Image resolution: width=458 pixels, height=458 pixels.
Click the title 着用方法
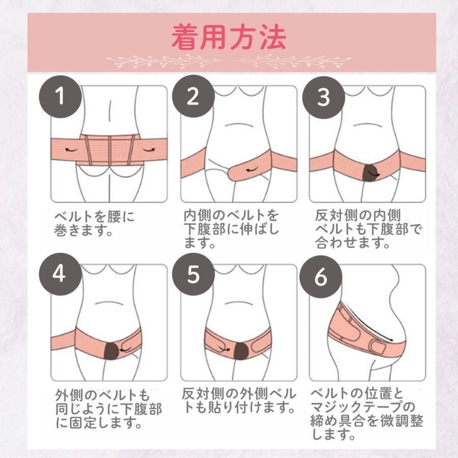click(x=228, y=37)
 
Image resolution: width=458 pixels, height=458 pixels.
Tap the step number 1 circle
click(x=60, y=96)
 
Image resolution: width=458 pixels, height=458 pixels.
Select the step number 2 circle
click(x=193, y=96)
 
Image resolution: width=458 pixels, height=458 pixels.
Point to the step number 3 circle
click(x=323, y=98)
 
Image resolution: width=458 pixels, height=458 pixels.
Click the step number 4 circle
click(x=60, y=274)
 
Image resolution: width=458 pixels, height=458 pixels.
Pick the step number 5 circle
click(x=193, y=274)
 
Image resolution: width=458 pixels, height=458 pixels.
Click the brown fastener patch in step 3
click(x=369, y=173)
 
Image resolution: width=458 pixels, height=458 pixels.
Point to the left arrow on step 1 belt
click(x=71, y=150)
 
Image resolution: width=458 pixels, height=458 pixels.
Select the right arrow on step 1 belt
click(x=149, y=150)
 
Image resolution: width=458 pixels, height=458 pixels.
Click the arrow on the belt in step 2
click(x=252, y=169)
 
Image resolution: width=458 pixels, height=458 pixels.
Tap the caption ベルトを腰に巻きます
click(x=94, y=223)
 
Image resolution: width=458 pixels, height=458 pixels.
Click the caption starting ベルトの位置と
click(x=367, y=414)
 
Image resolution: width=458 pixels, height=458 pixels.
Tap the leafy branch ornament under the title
click(x=228, y=62)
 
